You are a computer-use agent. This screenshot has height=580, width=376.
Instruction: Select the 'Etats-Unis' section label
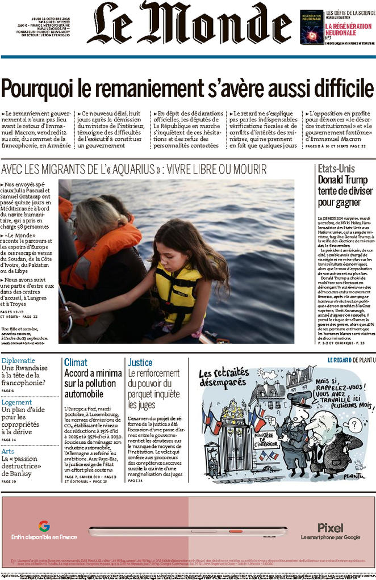click(x=336, y=169)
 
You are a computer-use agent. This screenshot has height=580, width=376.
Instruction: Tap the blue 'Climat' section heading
click(x=76, y=362)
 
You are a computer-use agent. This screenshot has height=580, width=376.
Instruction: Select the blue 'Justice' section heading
click(x=140, y=362)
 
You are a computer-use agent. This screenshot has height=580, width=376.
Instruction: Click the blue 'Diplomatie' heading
click(x=18, y=360)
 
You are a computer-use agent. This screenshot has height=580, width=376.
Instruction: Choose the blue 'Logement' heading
click(x=16, y=402)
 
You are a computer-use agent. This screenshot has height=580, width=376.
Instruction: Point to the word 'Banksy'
click(x=16, y=473)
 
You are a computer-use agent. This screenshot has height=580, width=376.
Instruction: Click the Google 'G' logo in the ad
click(x=44, y=526)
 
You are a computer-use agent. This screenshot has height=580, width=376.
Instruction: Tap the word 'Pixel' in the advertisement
click(x=331, y=527)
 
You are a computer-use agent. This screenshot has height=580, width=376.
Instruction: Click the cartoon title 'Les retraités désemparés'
click(x=224, y=380)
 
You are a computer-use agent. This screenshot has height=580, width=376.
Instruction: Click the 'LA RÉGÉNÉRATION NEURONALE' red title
click(x=348, y=30)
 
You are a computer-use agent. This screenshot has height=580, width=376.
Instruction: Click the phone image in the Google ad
click(x=187, y=531)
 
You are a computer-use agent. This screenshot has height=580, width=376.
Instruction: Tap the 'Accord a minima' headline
click(x=93, y=373)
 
